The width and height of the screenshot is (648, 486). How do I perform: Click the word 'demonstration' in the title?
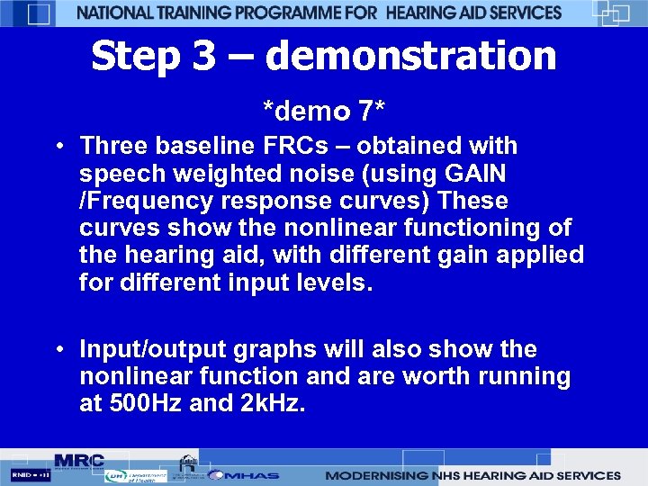pyautogui.click(x=410, y=56)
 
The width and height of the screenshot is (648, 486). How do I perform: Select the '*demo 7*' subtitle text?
pyautogui.click(x=324, y=112)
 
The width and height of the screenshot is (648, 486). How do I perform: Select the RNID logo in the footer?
pyautogui.click(x=30, y=474)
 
